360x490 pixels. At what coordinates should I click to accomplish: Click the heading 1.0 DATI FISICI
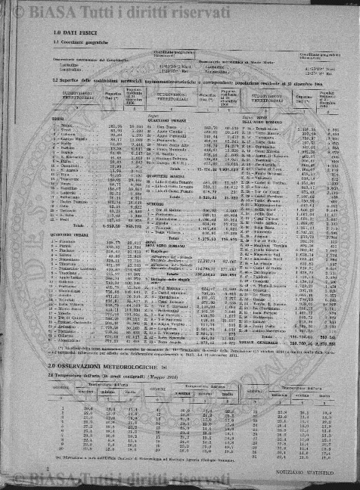coord(73,34)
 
